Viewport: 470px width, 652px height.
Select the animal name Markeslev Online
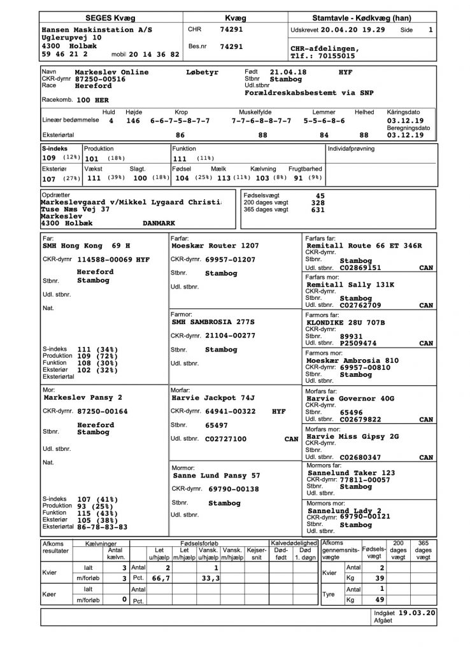[111, 73]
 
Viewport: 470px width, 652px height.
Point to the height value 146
[132, 120]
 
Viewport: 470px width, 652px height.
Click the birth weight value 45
[320, 196]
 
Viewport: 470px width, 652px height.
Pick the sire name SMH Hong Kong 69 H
[86, 245]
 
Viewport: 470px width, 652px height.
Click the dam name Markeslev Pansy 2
[82, 397]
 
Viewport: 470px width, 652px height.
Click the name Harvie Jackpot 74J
[213, 398]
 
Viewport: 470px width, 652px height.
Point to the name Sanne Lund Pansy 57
[217, 475]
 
